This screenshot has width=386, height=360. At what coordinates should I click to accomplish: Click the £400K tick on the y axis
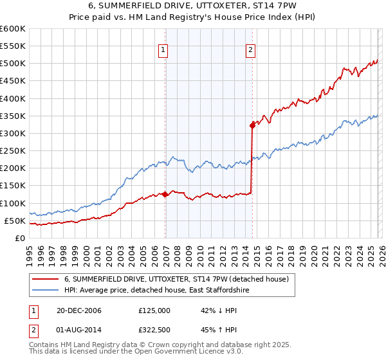pyautogui.click(x=13, y=98)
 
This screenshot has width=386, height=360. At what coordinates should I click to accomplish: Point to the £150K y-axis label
pyautogui.click(x=13, y=186)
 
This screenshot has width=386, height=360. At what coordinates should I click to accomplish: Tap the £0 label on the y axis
pyautogui.click(x=21, y=238)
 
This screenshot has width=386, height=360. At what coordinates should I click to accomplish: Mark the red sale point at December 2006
pyautogui.click(x=165, y=194)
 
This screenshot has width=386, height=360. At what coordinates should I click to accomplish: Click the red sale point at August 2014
pyautogui.click(x=252, y=125)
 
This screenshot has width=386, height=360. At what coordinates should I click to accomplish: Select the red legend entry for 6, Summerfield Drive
pyautogui.click(x=180, y=279)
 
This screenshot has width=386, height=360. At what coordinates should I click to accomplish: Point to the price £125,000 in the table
pyautogui.click(x=154, y=310)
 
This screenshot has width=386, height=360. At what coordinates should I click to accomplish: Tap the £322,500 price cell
pyautogui.click(x=154, y=331)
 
